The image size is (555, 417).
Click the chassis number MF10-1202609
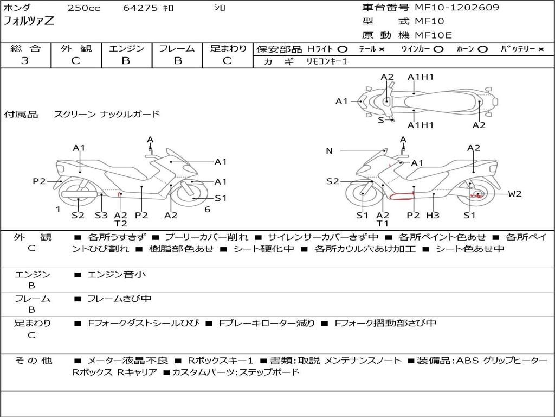pos(457,8)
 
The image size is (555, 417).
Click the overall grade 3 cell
pos(25,61)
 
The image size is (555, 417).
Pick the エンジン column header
pos(126,49)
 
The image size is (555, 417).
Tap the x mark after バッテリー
pos(540,49)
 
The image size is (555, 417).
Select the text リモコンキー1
pos(327,61)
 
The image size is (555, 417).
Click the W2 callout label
pos(515,194)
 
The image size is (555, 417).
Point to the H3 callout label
pos(433,216)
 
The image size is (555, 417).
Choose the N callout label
pos(329,151)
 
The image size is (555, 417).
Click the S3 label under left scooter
pos(101,215)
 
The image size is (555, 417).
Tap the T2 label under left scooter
pos(120,224)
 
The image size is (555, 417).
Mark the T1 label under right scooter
pos(383,224)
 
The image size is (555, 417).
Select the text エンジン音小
pos(117,275)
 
